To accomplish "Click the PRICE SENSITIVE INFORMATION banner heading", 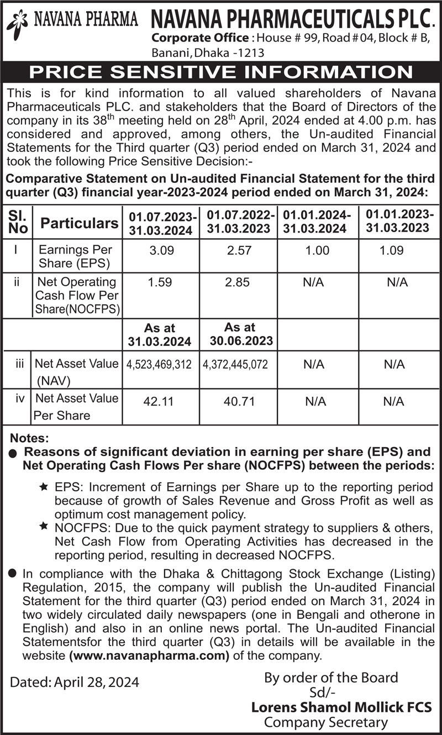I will [221, 72].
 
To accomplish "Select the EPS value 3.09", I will [161, 250].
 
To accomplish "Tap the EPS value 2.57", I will [239, 250].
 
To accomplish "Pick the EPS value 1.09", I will [391, 250].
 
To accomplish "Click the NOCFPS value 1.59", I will [160, 282].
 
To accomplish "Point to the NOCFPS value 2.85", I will [238, 282].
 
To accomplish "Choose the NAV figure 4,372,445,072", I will [238, 365].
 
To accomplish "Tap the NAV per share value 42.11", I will [160, 402].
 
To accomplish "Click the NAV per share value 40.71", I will [239, 402].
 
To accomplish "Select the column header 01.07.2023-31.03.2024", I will [161, 224].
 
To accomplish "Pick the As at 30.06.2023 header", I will [241, 334].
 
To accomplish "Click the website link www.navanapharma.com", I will [149, 656].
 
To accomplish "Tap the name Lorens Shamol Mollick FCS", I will [341, 707].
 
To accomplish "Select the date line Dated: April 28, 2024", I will [75, 682].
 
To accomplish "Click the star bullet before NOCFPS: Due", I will [44, 527].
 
